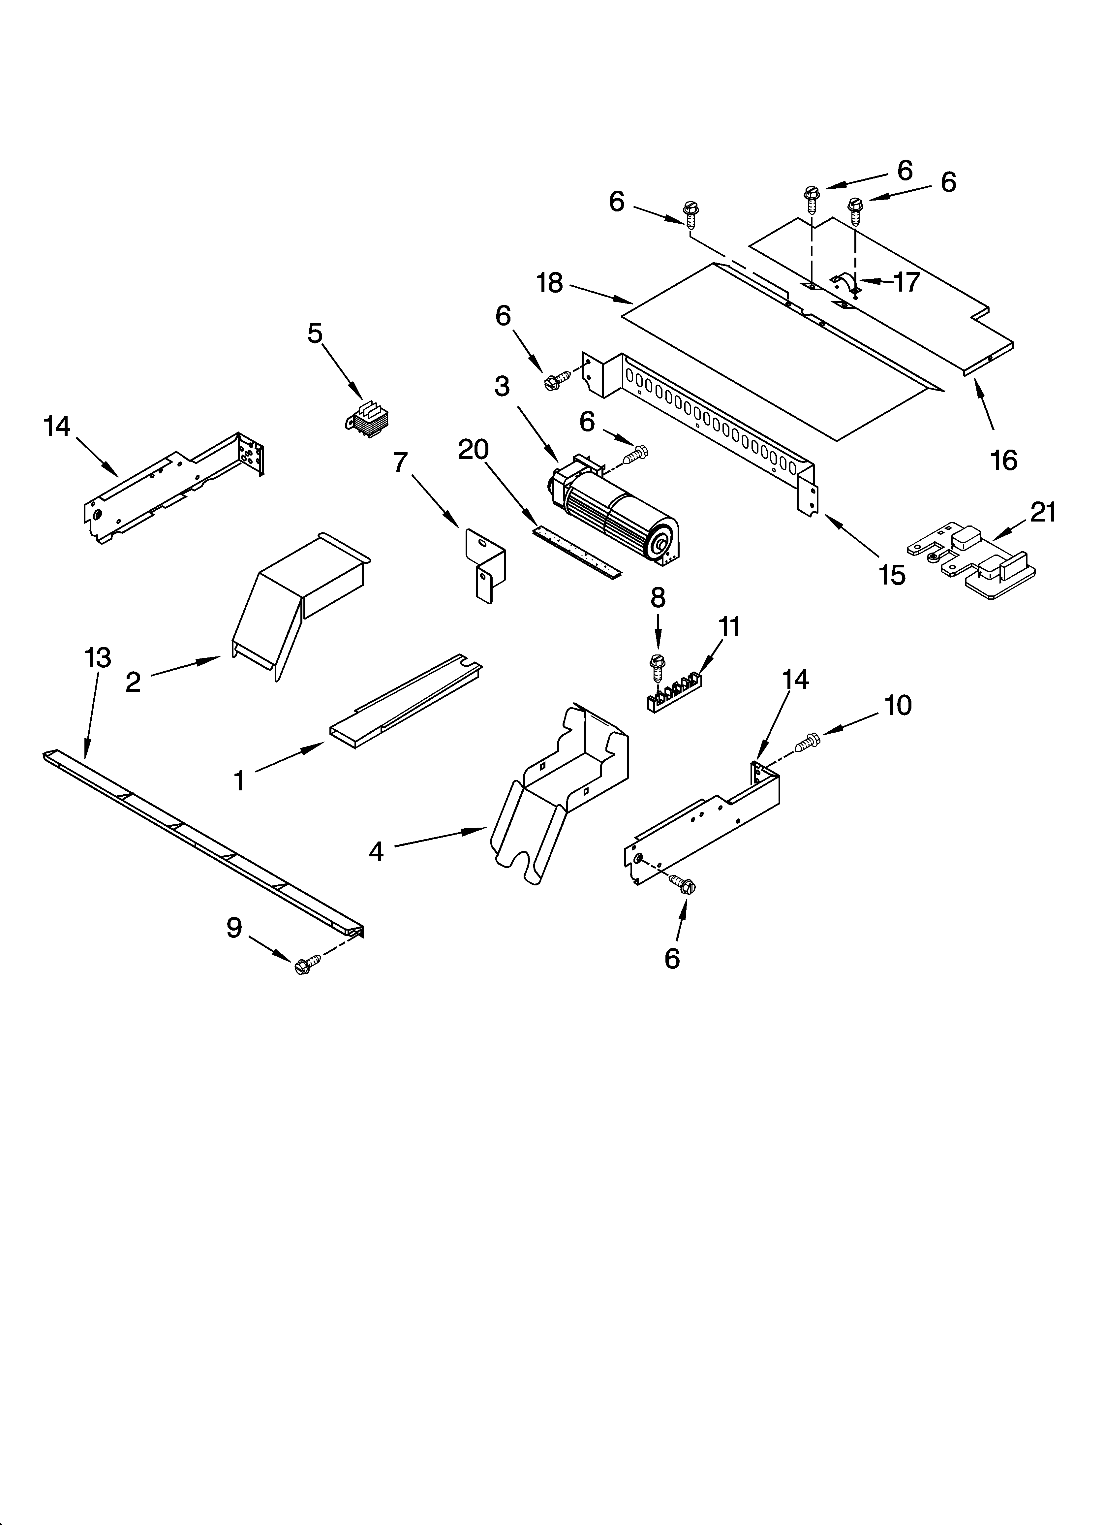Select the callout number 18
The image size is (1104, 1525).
tap(549, 283)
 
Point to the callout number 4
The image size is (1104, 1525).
tap(376, 853)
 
